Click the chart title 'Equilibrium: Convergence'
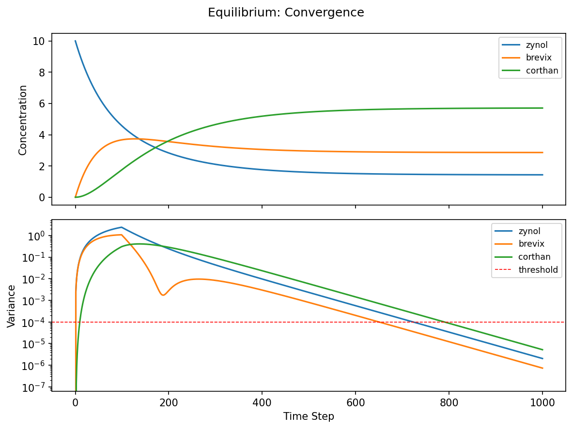click(x=286, y=13)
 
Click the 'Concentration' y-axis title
click(x=22, y=120)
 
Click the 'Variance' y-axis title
click(x=11, y=306)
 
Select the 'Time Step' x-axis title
click(x=309, y=416)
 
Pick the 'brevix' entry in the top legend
click(x=537, y=58)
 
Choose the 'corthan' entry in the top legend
click(x=542, y=71)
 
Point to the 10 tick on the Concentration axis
click(x=39, y=42)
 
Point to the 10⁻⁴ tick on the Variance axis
click(x=35, y=322)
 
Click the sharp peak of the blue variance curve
click(x=122, y=227)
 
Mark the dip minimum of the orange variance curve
click(x=163, y=295)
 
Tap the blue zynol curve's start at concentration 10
click(x=76, y=41)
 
